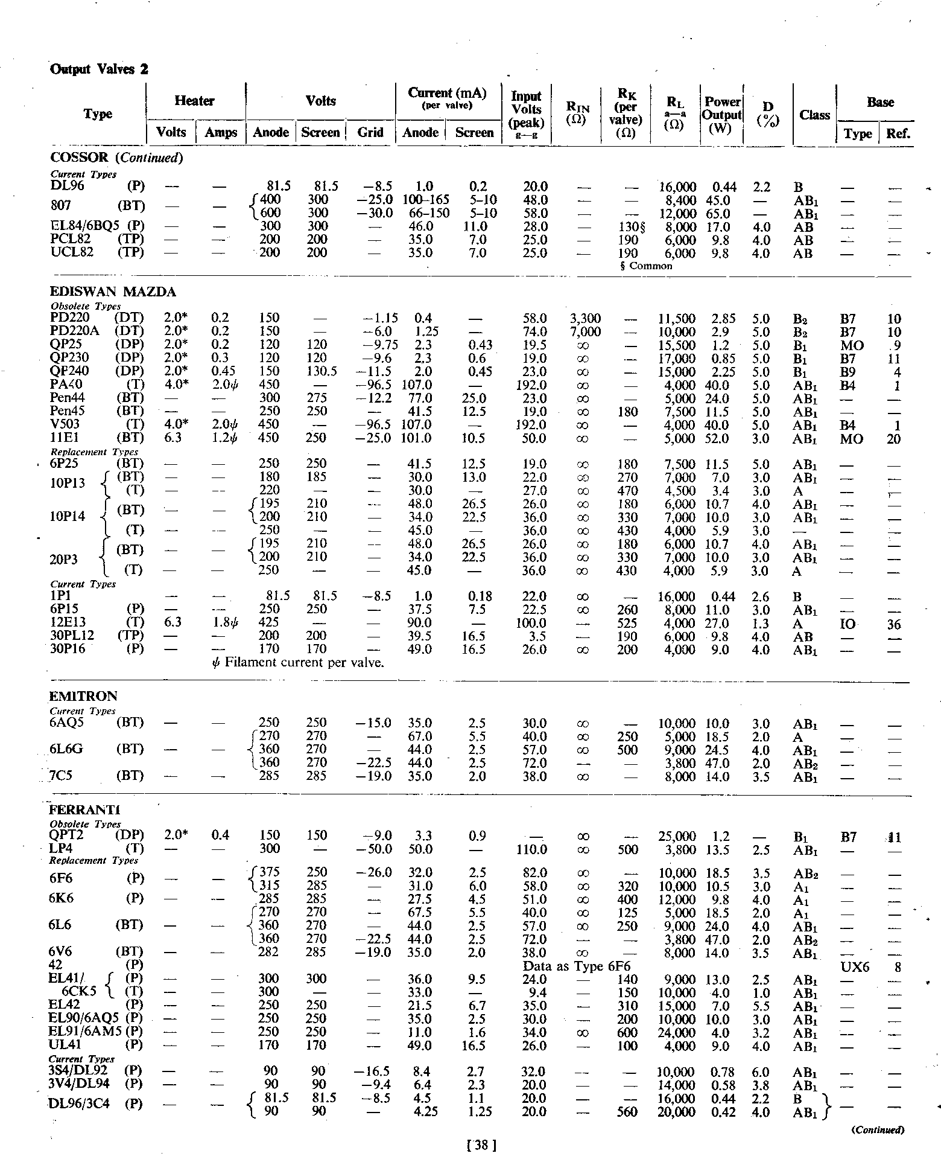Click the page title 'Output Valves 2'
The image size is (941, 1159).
pyautogui.click(x=98, y=69)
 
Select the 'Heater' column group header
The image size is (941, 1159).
pyautogui.click(x=194, y=101)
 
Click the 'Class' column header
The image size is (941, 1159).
pyautogui.click(x=814, y=115)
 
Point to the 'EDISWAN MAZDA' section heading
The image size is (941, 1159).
pyautogui.click(x=113, y=292)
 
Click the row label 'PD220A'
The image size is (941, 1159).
pyautogui.click(x=72, y=331)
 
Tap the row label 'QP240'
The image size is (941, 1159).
pyautogui.click(x=70, y=371)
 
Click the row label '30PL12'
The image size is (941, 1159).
pyautogui.click(x=72, y=636)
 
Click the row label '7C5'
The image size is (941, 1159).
pyautogui.click(x=61, y=776)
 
